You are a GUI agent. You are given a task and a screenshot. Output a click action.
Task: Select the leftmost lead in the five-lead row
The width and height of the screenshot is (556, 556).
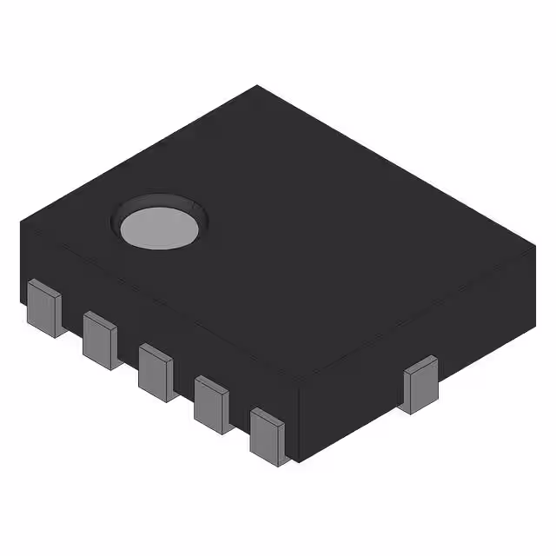(x=44, y=307)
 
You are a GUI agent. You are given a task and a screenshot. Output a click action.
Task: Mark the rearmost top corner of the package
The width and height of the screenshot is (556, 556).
(x=257, y=85)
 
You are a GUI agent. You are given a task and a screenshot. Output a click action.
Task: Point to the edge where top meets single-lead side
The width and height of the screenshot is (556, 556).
(x=417, y=320)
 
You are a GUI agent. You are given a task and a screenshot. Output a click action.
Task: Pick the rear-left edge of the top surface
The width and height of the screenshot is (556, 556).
(x=139, y=155)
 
